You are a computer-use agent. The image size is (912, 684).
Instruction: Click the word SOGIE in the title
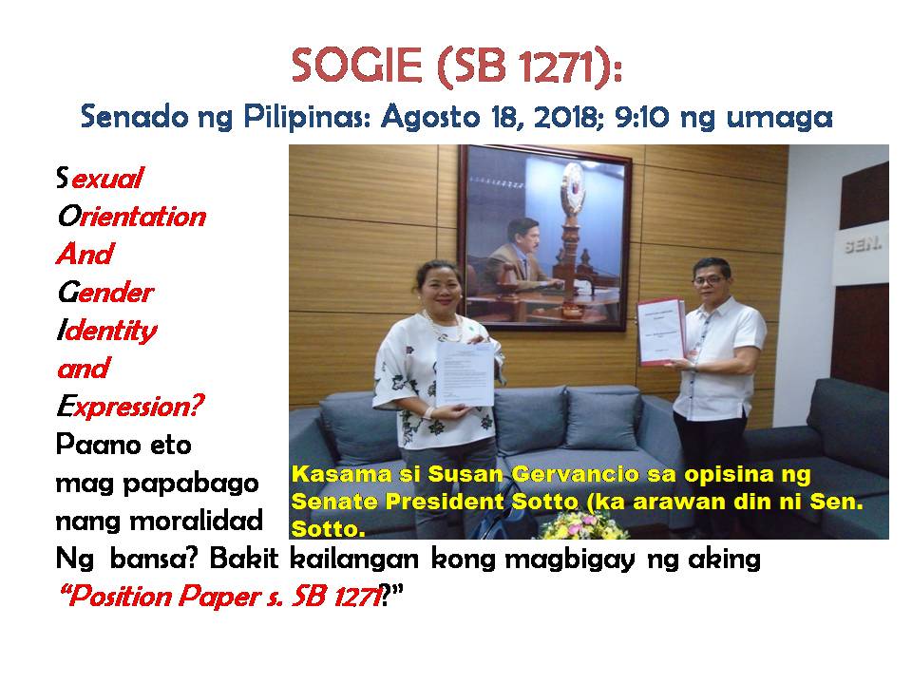[x=356, y=66]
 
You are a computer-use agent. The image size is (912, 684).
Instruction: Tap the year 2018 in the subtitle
[x=564, y=116]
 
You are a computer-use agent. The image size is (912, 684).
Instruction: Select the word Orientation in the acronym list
[x=131, y=217]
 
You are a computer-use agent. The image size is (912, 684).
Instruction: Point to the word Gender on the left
[x=105, y=292]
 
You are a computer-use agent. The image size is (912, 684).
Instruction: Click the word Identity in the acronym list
[x=107, y=331]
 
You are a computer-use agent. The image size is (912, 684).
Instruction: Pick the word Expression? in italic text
[x=130, y=406]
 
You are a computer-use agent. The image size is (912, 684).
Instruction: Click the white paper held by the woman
[x=465, y=373]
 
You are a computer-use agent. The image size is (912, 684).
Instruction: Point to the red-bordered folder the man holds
[x=661, y=332]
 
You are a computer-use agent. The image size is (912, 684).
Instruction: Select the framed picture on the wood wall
[x=544, y=237]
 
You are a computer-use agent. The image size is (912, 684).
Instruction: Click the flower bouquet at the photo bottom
[x=583, y=524]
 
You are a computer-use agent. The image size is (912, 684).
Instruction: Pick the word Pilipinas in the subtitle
[x=307, y=117]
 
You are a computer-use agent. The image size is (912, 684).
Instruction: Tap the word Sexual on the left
[x=100, y=178]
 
